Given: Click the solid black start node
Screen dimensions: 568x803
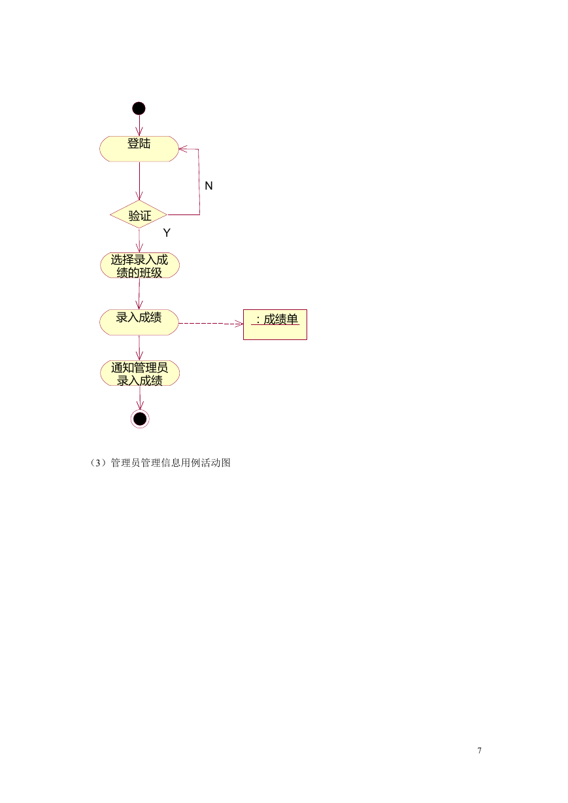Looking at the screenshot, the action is point(139,109).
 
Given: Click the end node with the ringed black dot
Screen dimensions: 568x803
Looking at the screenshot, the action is point(140,419).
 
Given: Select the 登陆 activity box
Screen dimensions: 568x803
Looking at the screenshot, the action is point(139,149).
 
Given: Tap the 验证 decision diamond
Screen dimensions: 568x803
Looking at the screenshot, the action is point(139,214).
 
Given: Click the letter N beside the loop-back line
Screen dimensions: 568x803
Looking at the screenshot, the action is point(209,186).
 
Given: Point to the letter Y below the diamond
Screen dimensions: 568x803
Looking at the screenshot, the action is point(167,233).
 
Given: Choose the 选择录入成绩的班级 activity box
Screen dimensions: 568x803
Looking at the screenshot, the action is point(140,265).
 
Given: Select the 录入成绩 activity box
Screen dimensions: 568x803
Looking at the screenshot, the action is point(139,322).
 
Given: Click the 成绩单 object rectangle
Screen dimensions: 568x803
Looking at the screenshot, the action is point(275,324).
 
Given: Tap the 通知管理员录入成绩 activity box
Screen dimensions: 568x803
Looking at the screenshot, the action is point(140,373).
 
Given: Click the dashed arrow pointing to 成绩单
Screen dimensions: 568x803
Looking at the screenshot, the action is point(211,324).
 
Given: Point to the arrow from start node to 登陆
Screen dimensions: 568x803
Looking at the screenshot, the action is point(139,126).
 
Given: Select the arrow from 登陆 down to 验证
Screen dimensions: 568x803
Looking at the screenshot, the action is point(139,181).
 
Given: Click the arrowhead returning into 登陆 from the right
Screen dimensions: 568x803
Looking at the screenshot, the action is point(183,148).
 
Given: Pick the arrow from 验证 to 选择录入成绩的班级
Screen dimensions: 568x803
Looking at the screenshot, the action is point(139,241).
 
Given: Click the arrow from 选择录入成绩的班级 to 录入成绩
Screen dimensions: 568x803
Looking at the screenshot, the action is point(139,294).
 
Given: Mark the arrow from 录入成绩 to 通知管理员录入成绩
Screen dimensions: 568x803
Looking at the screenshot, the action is point(139,348).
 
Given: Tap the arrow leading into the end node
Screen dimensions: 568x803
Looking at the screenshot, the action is point(140,398).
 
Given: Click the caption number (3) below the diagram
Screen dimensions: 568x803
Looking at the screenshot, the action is point(97,463).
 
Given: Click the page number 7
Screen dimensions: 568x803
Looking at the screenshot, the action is point(480,750).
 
